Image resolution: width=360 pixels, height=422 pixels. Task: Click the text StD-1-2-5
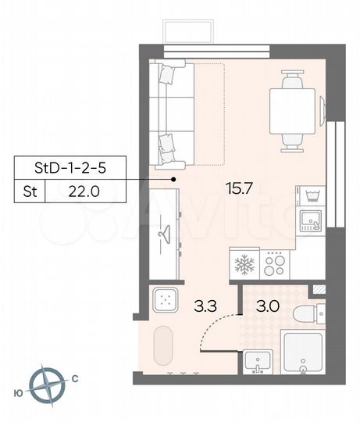click(70, 167)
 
